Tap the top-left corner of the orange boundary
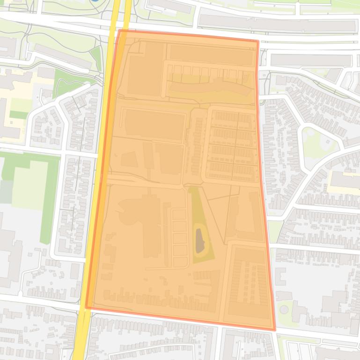pos(120,30)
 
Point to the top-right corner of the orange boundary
pos(257,41)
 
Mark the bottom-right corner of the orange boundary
pos(274,330)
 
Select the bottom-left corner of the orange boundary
pos(87,307)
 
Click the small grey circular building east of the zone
pos(284,309)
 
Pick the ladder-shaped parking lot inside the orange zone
pos(179,238)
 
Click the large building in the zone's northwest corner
pos(145,75)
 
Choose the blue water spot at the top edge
pos(95,1)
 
